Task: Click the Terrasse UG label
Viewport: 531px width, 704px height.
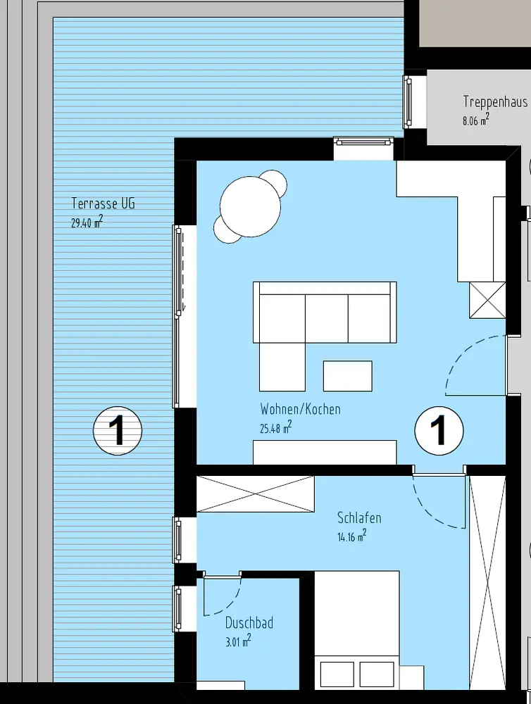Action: click(103, 203)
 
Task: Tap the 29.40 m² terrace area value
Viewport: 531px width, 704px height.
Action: click(87, 221)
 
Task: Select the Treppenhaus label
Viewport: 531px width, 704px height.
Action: click(495, 101)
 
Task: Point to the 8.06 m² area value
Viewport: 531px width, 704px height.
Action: click(476, 120)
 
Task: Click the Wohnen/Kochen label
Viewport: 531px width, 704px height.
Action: click(300, 409)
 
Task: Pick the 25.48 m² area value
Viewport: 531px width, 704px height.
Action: click(276, 427)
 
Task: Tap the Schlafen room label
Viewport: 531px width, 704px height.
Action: click(359, 517)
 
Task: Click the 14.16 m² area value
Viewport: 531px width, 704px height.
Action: click(351, 536)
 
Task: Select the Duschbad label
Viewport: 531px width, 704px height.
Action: click(249, 623)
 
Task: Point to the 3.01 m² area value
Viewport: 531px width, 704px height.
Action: click(238, 641)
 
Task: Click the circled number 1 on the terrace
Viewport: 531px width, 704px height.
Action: click(118, 431)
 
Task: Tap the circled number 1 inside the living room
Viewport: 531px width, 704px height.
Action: click(439, 431)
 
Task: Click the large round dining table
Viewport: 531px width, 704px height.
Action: click(250, 206)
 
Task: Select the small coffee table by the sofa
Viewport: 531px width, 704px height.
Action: click(348, 376)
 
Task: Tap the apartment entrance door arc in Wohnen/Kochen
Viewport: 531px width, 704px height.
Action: click(458, 355)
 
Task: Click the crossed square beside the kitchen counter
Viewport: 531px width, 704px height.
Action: click(487, 301)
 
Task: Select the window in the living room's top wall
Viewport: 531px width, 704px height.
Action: click(364, 142)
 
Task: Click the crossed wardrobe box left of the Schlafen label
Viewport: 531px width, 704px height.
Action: click(256, 494)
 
